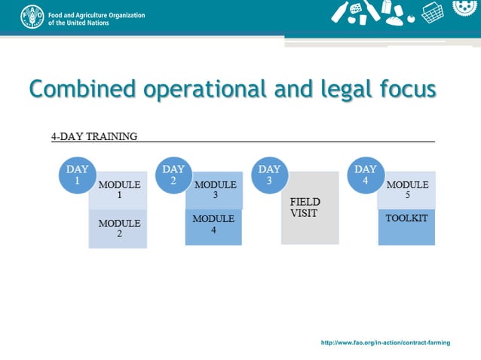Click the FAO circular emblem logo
point(32,16)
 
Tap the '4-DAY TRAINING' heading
point(94,136)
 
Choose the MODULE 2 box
point(119,229)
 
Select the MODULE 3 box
point(216,191)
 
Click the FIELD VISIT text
point(305,207)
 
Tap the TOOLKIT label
point(406,218)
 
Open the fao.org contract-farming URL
point(385,343)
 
